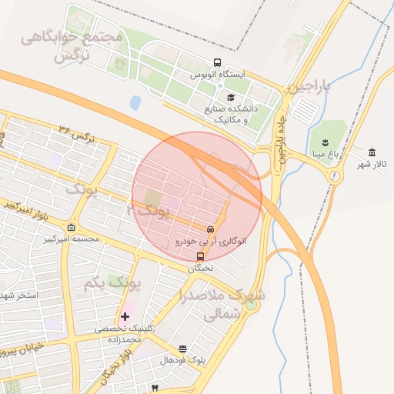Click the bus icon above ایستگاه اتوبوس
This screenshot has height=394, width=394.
click(218, 63)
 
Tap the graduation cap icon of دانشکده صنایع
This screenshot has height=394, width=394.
click(231, 98)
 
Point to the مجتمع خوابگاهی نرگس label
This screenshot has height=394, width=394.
click(73, 45)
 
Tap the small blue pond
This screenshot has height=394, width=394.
click(135, 102)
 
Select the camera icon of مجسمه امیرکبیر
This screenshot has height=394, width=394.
click(72, 228)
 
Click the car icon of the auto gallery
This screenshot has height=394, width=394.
click(210, 229)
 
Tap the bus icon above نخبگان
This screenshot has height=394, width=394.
click(201, 257)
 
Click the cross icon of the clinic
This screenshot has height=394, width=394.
click(125, 316)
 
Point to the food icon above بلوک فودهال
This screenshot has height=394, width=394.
click(182, 349)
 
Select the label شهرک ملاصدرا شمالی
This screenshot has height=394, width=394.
click(223, 305)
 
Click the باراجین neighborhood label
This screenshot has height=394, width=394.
click(309, 88)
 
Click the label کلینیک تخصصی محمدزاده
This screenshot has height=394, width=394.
click(123, 333)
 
